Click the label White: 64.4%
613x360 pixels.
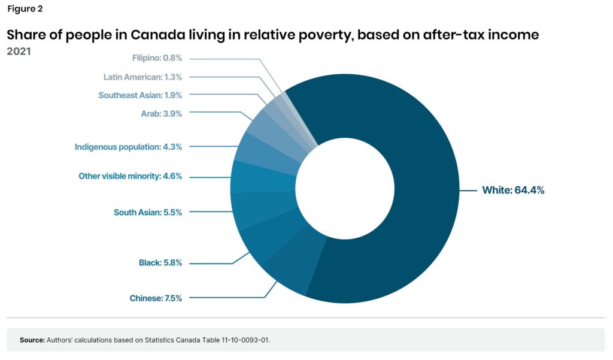click(513, 190)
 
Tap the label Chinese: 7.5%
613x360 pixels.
click(156, 298)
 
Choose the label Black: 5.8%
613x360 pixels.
click(160, 263)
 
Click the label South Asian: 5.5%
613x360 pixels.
click(147, 212)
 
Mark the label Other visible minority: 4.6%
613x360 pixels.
click(130, 176)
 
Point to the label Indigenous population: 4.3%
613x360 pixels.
click(128, 146)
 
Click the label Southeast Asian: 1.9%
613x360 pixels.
click(140, 95)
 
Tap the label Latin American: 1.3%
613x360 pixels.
click(142, 77)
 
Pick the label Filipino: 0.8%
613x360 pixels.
click(156, 58)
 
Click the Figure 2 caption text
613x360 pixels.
click(25, 9)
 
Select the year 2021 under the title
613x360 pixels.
click(19, 52)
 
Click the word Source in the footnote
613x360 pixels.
click(32, 340)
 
